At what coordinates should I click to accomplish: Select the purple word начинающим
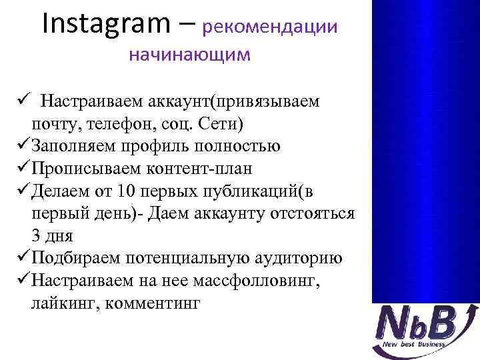pyautogui.click(x=190, y=55)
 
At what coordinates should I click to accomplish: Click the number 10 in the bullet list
pyautogui.click(x=125, y=191)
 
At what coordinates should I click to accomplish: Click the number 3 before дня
pyautogui.click(x=35, y=236)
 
